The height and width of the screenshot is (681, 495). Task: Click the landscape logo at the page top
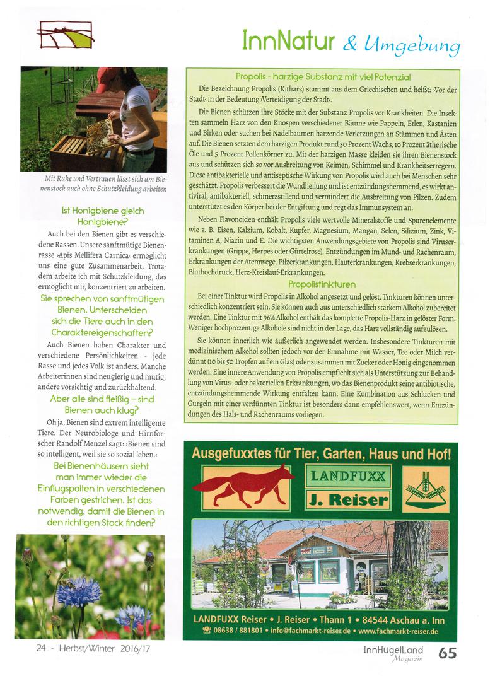pyautogui.click(x=65, y=35)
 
